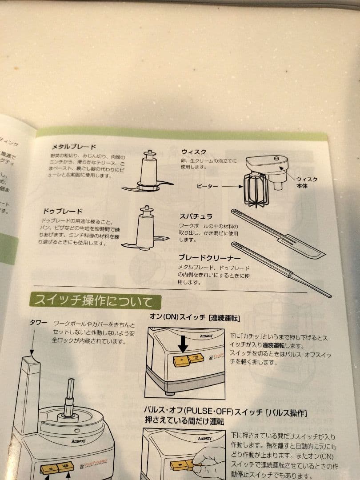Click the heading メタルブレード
tap(74, 147)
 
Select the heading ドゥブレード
tap(62, 211)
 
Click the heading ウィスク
tap(193, 152)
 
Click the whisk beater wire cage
tap(256, 190)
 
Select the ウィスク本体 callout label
tap(307, 182)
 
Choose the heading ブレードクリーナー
tap(209, 257)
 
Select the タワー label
tap(38, 323)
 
